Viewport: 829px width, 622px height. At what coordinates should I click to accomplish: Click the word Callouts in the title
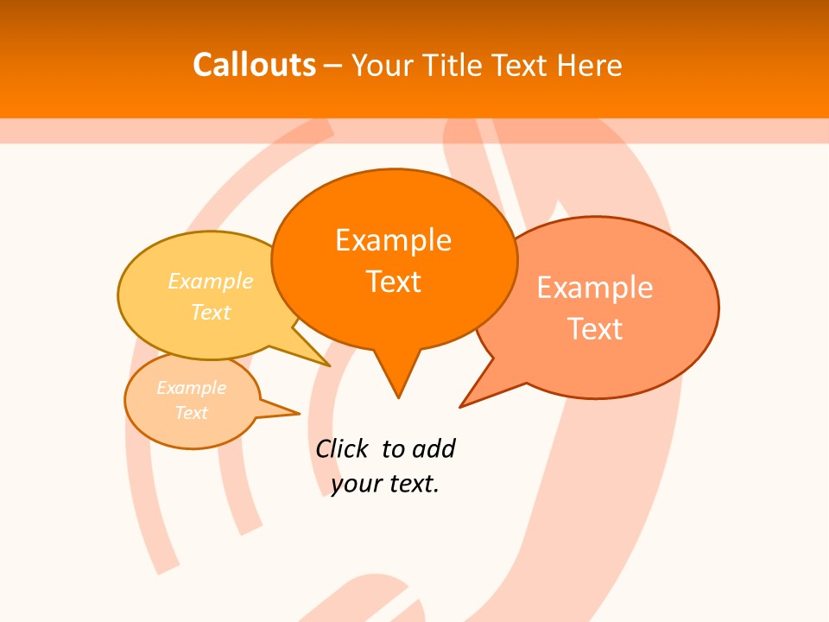pyautogui.click(x=254, y=65)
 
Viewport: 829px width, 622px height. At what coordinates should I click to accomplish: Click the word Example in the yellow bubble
pyautogui.click(x=211, y=282)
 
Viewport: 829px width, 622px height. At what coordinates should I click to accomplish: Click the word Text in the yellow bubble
pyautogui.click(x=211, y=312)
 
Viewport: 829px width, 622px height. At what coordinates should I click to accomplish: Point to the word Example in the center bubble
pyautogui.click(x=393, y=240)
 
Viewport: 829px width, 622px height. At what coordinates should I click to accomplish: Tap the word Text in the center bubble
pyautogui.click(x=393, y=282)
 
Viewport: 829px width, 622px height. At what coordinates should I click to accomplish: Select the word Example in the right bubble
pyautogui.click(x=595, y=288)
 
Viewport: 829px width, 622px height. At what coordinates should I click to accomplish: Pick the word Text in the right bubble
pyautogui.click(x=595, y=329)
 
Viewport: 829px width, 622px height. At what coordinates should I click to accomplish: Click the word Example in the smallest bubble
pyautogui.click(x=191, y=388)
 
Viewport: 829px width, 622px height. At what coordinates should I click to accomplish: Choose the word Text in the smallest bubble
pyautogui.click(x=191, y=413)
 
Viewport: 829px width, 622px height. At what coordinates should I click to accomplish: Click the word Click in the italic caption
pyautogui.click(x=341, y=449)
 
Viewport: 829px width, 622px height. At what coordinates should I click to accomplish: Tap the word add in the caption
pyautogui.click(x=433, y=449)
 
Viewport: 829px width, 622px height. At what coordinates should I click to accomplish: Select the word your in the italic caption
pyautogui.click(x=355, y=484)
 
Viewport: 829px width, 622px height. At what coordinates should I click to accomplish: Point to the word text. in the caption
pyautogui.click(x=412, y=484)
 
